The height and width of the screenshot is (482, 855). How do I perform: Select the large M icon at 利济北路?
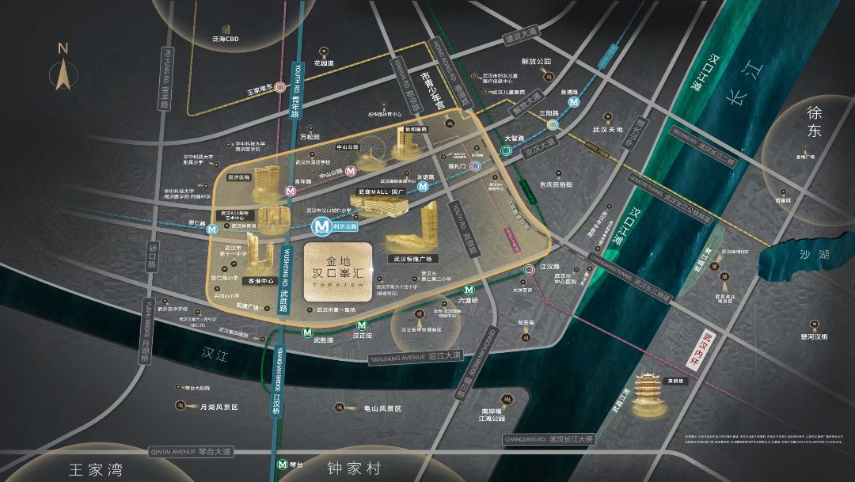[x=321, y=227]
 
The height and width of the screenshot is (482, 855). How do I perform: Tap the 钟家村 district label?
[x=355, y=469]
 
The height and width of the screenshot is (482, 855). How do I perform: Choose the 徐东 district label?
[x=815, y=122]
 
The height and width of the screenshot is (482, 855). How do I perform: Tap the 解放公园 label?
[x=535, y=61]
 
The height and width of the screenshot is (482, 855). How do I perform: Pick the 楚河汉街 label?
[x=813, y=336]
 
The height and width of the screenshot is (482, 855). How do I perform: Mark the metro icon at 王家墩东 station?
[x=279, y=89]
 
